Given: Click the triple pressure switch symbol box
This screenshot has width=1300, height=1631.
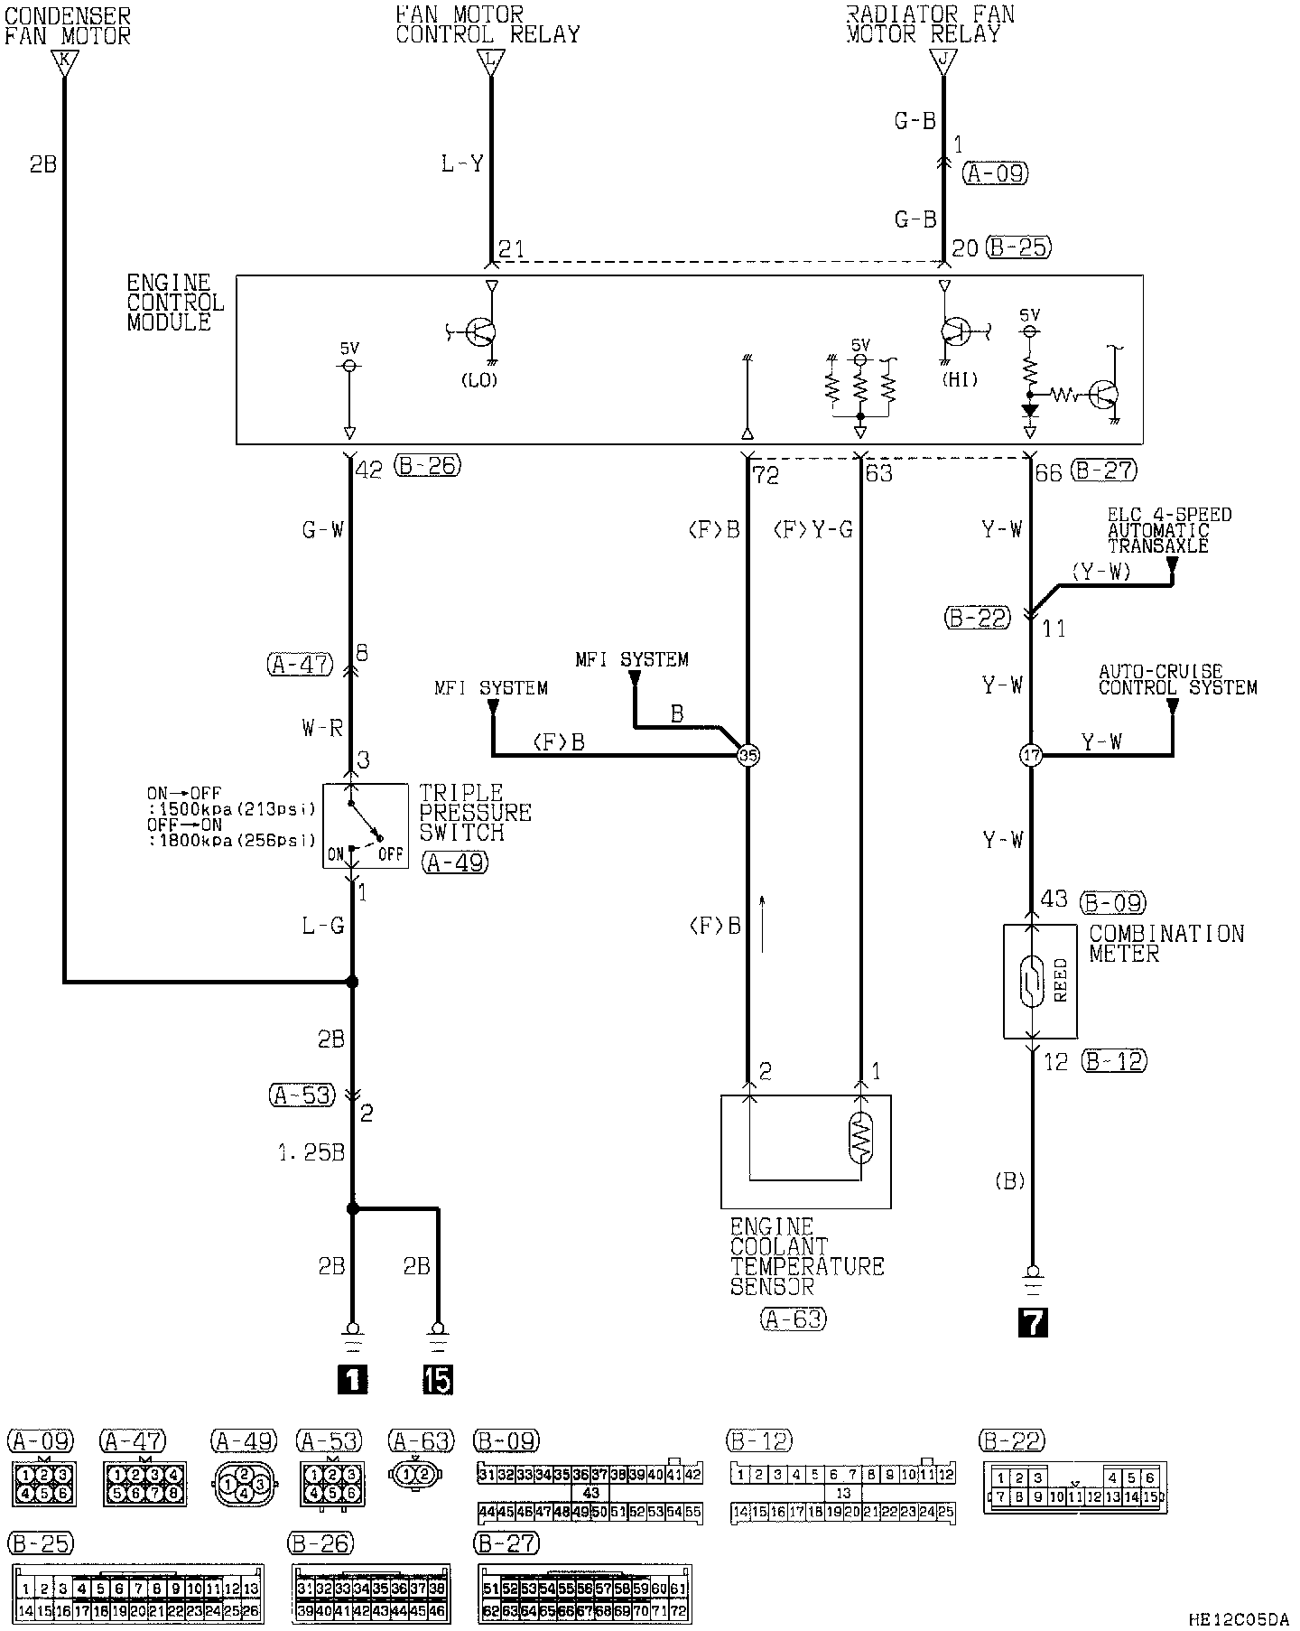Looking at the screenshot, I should (x=366, y=825).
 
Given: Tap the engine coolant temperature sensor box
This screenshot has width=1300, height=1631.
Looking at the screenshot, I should (x=805, y=1151).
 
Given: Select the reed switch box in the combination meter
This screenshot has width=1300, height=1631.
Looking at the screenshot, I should (x=1040, y=981).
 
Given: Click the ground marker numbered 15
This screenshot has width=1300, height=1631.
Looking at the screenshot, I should (x=438, y=1379).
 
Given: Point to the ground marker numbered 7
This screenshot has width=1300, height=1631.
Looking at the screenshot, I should (x=1032, y=1322).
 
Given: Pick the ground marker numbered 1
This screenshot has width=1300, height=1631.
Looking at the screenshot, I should (x=352, y=1379).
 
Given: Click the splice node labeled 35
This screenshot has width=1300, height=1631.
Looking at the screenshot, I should (x=748, y=755).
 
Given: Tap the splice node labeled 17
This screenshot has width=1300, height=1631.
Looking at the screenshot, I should (x=1031, y=755).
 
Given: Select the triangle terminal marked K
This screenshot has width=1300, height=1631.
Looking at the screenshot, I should (x=64, y=61).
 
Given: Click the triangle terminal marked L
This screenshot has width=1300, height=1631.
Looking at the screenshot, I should (x=491, y=61).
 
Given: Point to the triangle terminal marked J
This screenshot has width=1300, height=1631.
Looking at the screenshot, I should (x=943, y=61).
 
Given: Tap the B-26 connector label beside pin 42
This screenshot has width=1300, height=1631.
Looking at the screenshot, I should (x=429, y=466).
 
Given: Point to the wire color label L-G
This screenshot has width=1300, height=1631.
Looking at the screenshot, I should (x=322, y=926).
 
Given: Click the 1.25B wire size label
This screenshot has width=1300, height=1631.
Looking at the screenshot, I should (x=311, y=1152).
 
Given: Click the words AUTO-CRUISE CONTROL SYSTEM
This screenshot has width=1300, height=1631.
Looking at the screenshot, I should (x=1177, y=679).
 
